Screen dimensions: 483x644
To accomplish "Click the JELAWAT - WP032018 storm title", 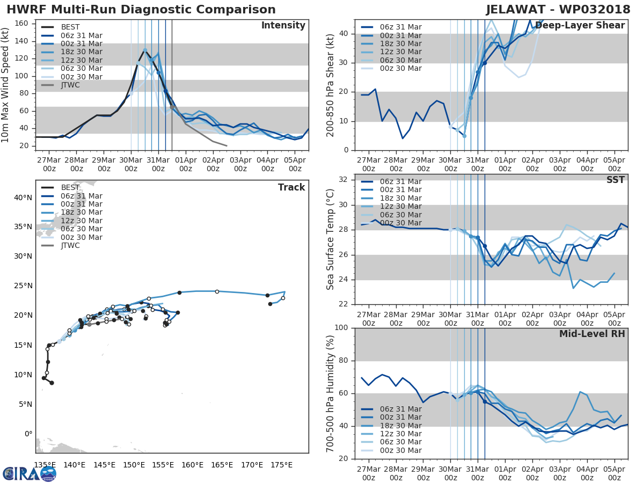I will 559,10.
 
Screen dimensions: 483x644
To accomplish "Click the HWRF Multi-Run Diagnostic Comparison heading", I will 141,10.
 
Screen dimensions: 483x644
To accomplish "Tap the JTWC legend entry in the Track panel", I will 70,245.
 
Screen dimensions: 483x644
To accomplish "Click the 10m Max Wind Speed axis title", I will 6,85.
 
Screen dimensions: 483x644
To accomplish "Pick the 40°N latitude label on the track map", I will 23,197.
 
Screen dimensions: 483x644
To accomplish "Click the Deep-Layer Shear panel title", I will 580,26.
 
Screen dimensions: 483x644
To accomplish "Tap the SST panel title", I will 616,180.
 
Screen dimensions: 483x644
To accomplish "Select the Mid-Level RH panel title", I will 592,334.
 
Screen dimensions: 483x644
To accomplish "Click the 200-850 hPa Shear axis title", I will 331,85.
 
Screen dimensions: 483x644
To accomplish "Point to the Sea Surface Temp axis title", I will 331,240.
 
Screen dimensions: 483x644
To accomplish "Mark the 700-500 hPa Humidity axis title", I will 331,393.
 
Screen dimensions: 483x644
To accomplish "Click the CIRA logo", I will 29,473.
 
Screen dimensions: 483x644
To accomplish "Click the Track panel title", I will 291,187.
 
